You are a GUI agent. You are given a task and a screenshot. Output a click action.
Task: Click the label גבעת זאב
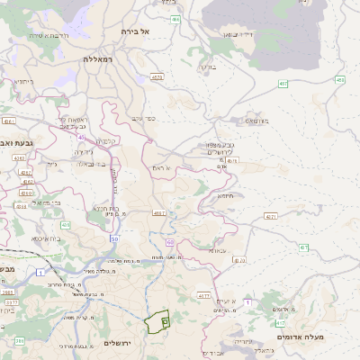17,142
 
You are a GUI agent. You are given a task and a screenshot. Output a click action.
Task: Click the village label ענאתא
219,251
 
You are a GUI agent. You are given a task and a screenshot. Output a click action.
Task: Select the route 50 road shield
114,238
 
